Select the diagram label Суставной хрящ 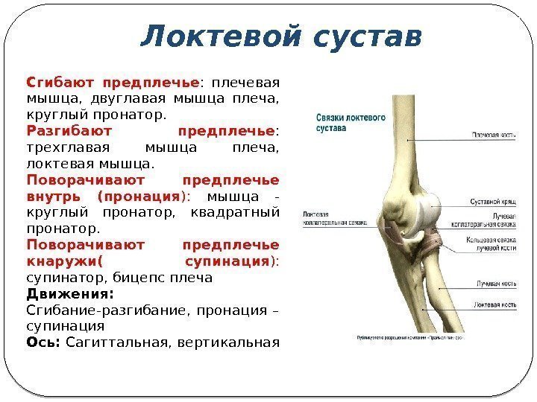493,202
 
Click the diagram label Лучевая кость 495,284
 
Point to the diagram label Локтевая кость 494,304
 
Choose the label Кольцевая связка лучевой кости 492,245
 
